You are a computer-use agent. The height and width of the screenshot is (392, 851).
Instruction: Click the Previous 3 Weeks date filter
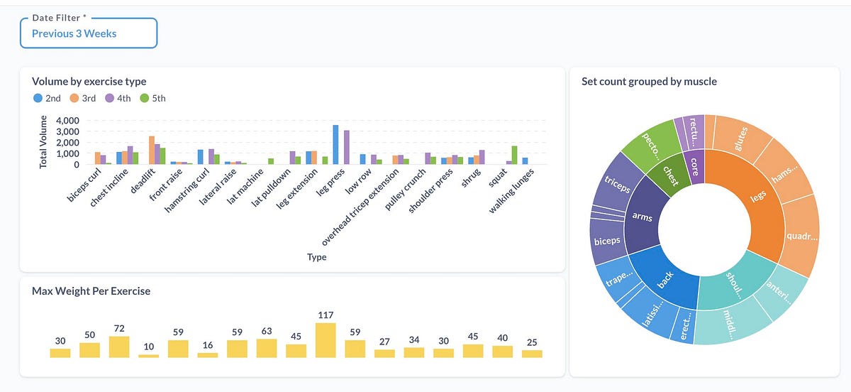pos(89,33)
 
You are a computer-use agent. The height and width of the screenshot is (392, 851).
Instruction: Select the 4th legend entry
pos(118,98)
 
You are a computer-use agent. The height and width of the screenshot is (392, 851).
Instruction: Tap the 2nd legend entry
pos(47,98)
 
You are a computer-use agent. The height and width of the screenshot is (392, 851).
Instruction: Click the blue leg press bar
pos(335,145)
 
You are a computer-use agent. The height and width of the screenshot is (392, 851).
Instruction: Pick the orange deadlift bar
pos(152,151)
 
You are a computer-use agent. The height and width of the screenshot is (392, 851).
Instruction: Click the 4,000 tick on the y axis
pos(67,121)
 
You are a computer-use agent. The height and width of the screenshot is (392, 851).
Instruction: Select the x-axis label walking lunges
pos(511,190)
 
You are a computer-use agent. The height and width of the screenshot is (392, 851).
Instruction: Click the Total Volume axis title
pos(43,142)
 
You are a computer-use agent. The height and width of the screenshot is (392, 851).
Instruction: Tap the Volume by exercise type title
pos(89,82)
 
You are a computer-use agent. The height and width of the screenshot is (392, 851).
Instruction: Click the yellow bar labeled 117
pos(326,340)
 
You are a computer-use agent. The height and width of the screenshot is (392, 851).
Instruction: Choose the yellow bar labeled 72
pos(119,347)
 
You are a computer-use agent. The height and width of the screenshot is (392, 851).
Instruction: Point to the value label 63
pos(267,331)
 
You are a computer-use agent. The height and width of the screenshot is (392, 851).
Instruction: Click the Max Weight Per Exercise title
pos(91,291)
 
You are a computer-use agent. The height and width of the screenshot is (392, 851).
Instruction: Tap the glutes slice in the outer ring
pos(741,139)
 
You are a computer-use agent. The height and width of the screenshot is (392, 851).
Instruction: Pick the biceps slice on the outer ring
pos(607,241)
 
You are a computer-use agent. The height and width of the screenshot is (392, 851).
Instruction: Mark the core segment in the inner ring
pos(695,166)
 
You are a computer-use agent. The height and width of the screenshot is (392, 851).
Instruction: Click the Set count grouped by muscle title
pos(650,82)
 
